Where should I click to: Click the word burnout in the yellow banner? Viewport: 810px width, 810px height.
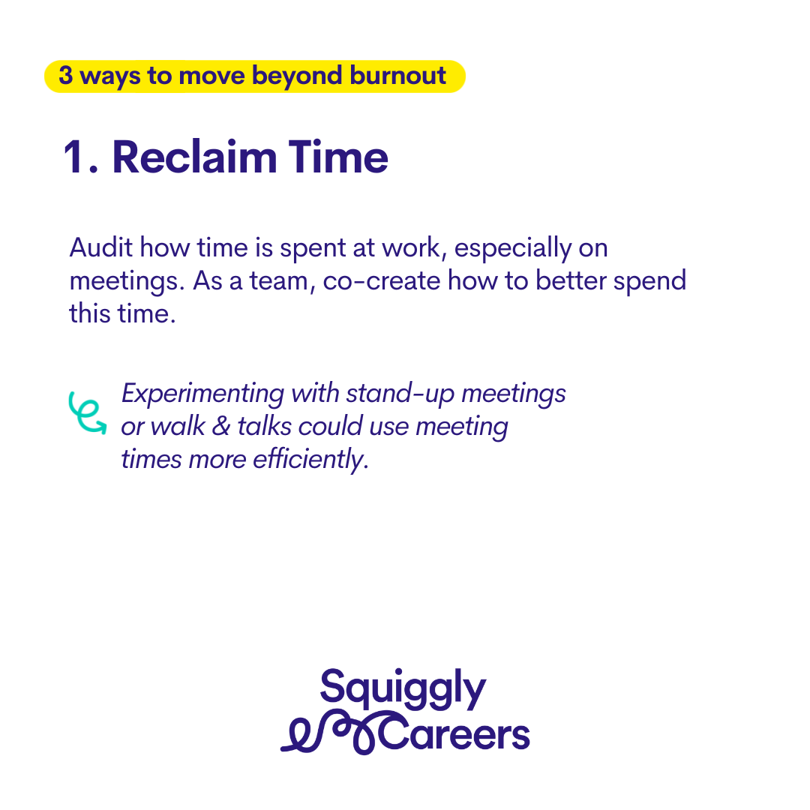coord(397,76)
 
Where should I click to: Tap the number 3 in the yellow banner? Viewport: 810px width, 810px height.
coord(65,76)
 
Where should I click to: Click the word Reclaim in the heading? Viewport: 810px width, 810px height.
coord(195,157)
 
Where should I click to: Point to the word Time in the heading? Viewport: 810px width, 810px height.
coord(337,157)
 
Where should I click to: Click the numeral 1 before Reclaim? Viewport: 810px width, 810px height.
coord(73,157)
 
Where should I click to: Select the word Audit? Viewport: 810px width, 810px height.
coord(101,247)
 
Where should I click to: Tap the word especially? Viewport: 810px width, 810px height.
coord(512,249)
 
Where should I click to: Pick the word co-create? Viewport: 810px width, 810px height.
coord(382,281)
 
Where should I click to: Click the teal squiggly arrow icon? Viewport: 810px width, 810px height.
coord(87,412)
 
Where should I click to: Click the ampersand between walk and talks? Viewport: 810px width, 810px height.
coord(221,427)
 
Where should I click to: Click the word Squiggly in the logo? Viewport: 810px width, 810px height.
coord(403,688)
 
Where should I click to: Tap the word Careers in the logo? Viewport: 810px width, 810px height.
coord(454,733)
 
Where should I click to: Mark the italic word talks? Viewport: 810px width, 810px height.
coord(264,427)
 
